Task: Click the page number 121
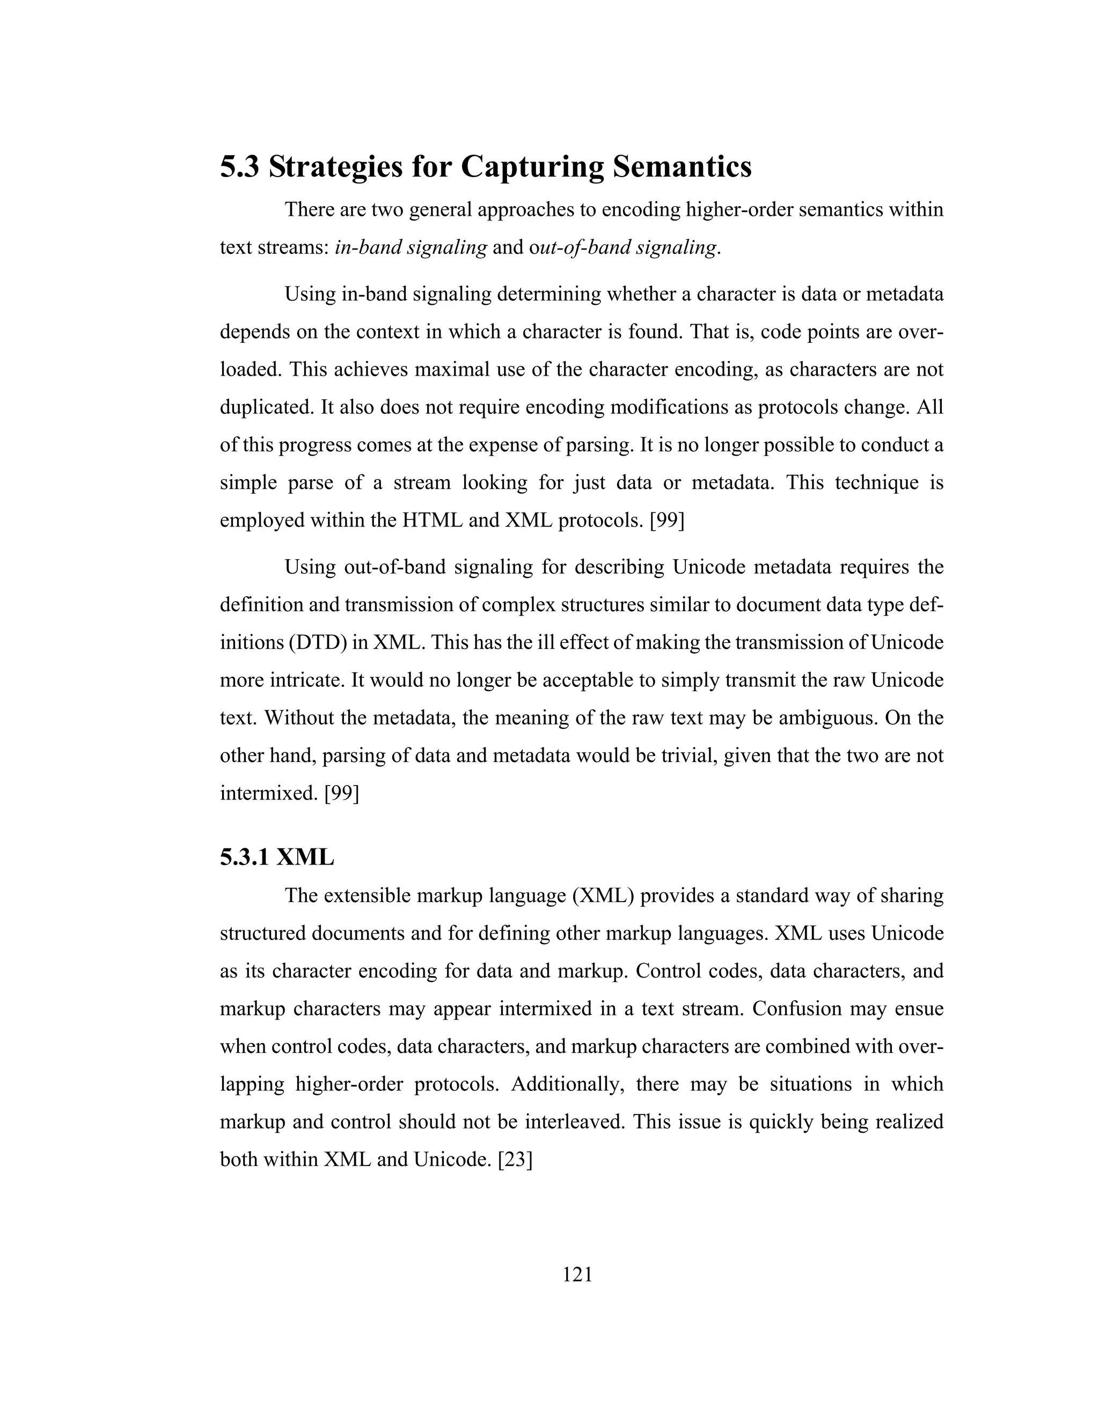[577, 1274]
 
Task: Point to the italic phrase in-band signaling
[410, 248]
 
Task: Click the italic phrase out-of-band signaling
[623, 248]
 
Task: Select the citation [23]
[514, 1160]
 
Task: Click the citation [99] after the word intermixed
[341, 794]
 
